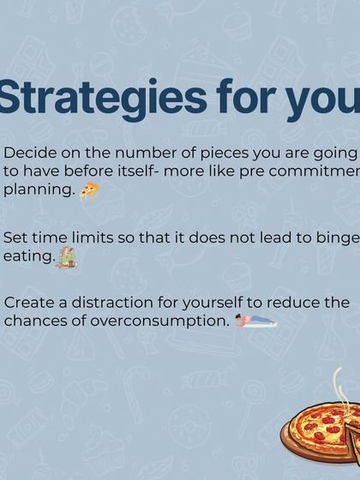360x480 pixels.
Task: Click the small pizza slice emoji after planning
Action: point(89,190)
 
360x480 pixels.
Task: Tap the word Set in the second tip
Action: point(16,237)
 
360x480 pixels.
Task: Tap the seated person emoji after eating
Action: point(66,256)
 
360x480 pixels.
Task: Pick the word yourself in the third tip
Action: point(213,303)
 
